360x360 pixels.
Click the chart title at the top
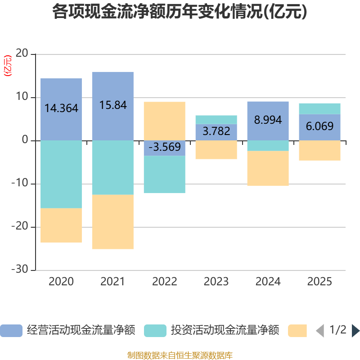point(180,12)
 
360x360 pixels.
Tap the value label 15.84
point(113,105)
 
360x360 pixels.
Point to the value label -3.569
point(165,147)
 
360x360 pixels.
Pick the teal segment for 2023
point(216,120)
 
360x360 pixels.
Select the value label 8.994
point(268,120)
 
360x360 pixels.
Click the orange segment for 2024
point(268,168)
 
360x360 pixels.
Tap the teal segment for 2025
point(320,108)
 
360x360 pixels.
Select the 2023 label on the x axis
point(216,282)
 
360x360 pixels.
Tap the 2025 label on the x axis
point(320,282)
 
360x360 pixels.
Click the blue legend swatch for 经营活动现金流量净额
point(11,331)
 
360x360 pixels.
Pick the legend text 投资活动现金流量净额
point(225,331)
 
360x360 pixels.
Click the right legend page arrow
point(355,331)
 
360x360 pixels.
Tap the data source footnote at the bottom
point(180,355)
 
